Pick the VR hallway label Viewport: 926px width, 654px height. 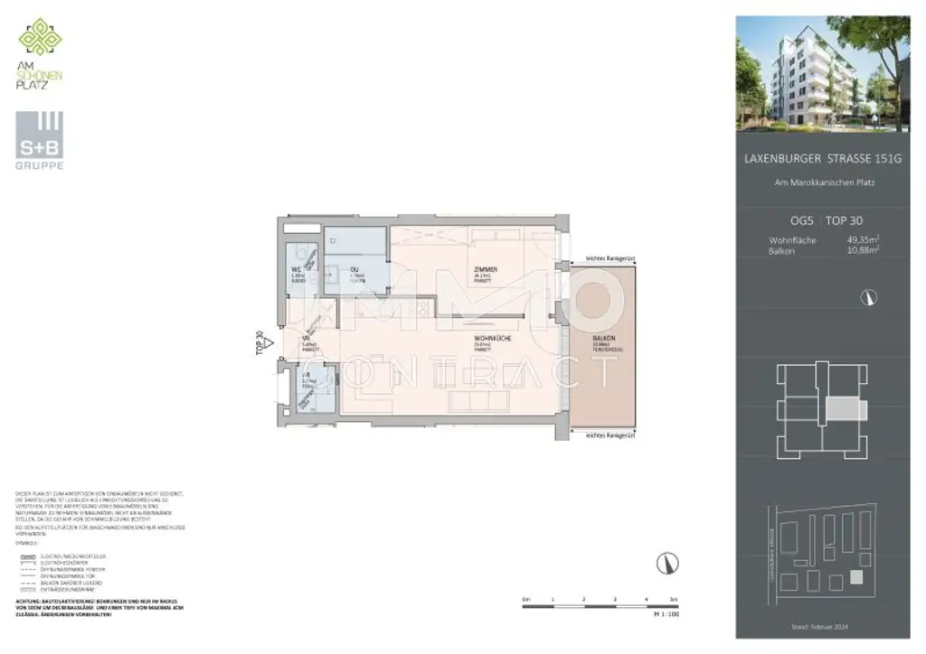[x=306, y=341]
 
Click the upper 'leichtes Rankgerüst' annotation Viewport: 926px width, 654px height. [x=610, y=259]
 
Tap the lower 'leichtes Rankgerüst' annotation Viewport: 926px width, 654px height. [x=610, y=435]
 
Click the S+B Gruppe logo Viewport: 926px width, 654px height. [x=39, y=142]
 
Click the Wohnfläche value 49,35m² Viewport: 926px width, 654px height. [x=864, y=239]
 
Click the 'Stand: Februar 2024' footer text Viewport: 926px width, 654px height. [x=821, y=626]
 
